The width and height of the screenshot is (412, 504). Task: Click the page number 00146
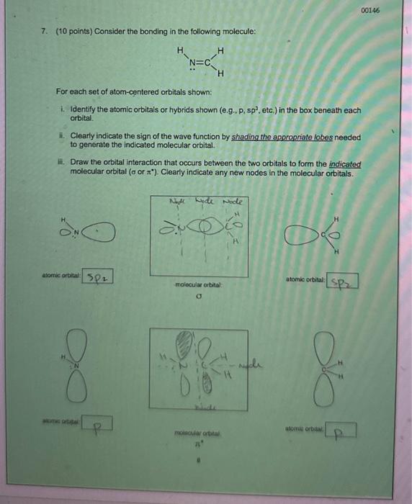[371, 10]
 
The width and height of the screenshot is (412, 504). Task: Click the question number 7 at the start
[44, 32]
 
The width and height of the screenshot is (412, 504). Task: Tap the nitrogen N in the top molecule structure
[192, 63]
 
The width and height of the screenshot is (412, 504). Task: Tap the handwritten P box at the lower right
[344, 432]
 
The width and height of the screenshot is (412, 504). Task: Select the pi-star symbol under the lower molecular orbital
[197, 445]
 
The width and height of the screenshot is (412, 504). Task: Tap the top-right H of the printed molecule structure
[220, 50]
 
